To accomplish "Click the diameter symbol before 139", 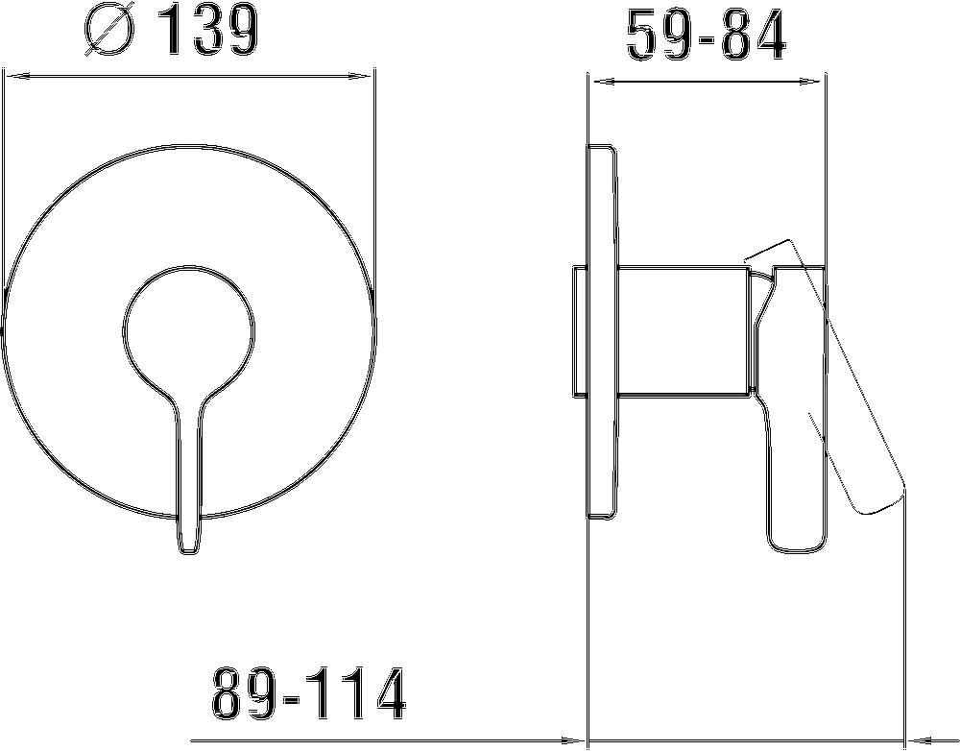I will point(108,32).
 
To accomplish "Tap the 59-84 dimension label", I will point(706,36).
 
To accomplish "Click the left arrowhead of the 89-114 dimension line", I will point(576,741).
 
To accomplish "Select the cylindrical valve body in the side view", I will point(682,328).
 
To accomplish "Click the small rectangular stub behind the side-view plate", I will point(579,331).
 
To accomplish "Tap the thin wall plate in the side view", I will point(602,331).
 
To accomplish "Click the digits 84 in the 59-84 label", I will point(753,36).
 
